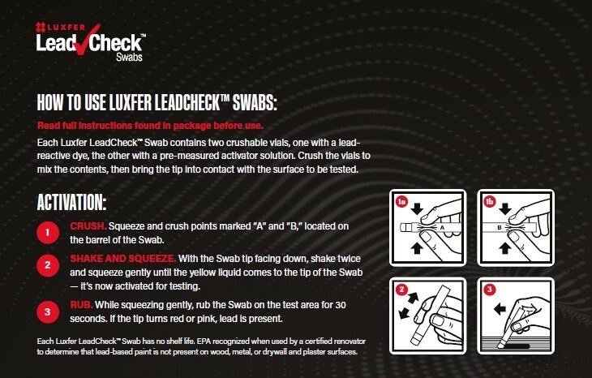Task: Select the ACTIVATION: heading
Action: [72, 202]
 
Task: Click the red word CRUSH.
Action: [87, 225]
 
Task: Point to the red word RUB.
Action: [81, 303]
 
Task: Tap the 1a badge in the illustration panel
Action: [400, 201]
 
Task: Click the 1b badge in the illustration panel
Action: [488, 200]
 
